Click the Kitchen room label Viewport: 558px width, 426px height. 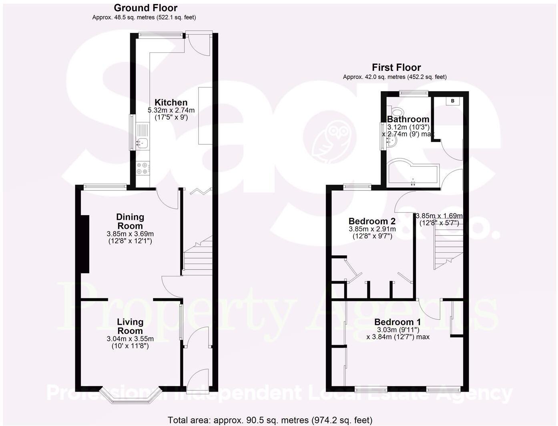click(x=171, y=102)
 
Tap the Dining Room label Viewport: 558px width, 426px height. click(x=130, y=221)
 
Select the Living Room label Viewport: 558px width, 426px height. click(x=130, y=326)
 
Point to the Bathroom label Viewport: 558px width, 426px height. click(x=408, y=119)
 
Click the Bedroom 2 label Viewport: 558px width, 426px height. click(x=372, y=221)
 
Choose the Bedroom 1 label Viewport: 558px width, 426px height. click(x=397, y=322)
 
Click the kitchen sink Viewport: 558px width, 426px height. click(x=143, y=136)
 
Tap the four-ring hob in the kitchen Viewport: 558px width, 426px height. click(x=143, y=168)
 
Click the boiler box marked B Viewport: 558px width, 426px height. click(x=453, y=101)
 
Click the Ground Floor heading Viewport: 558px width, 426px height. click(x=145, y=8)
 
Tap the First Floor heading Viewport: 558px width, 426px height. click(x=396, y=67)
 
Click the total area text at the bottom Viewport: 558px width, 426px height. click(x=270, y=420)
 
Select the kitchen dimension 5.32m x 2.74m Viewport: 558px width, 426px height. click(x=171, y=110)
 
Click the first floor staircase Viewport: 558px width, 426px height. click(x=448, y=248)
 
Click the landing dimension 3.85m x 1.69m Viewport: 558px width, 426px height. click(x=439, y=216)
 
